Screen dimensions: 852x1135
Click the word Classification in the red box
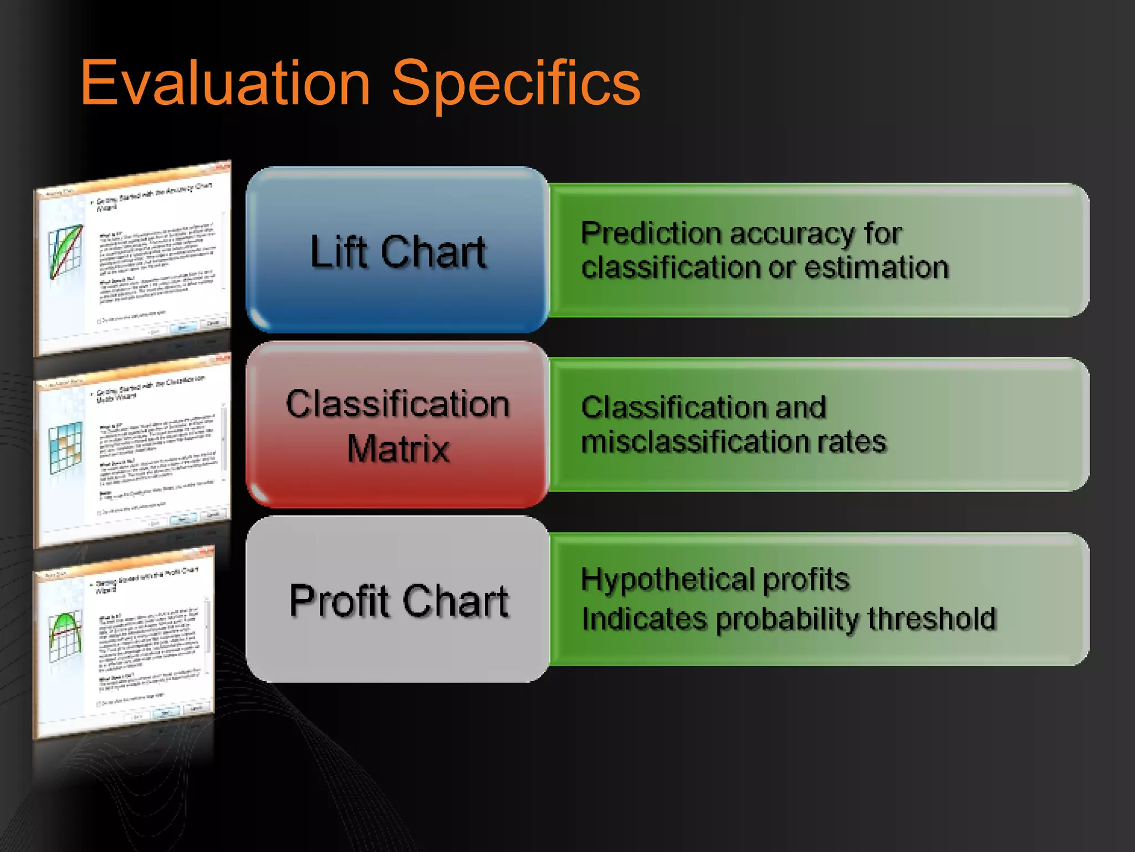(397, 403)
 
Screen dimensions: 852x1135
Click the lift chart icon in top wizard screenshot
(65, 251)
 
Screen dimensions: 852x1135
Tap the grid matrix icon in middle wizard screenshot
(65, 447)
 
